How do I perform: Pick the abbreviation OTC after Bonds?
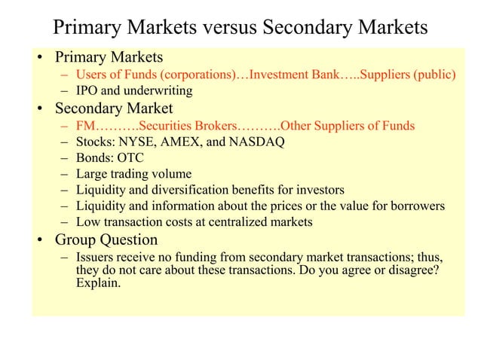point(129,158)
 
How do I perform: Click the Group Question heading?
point(106,240)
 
